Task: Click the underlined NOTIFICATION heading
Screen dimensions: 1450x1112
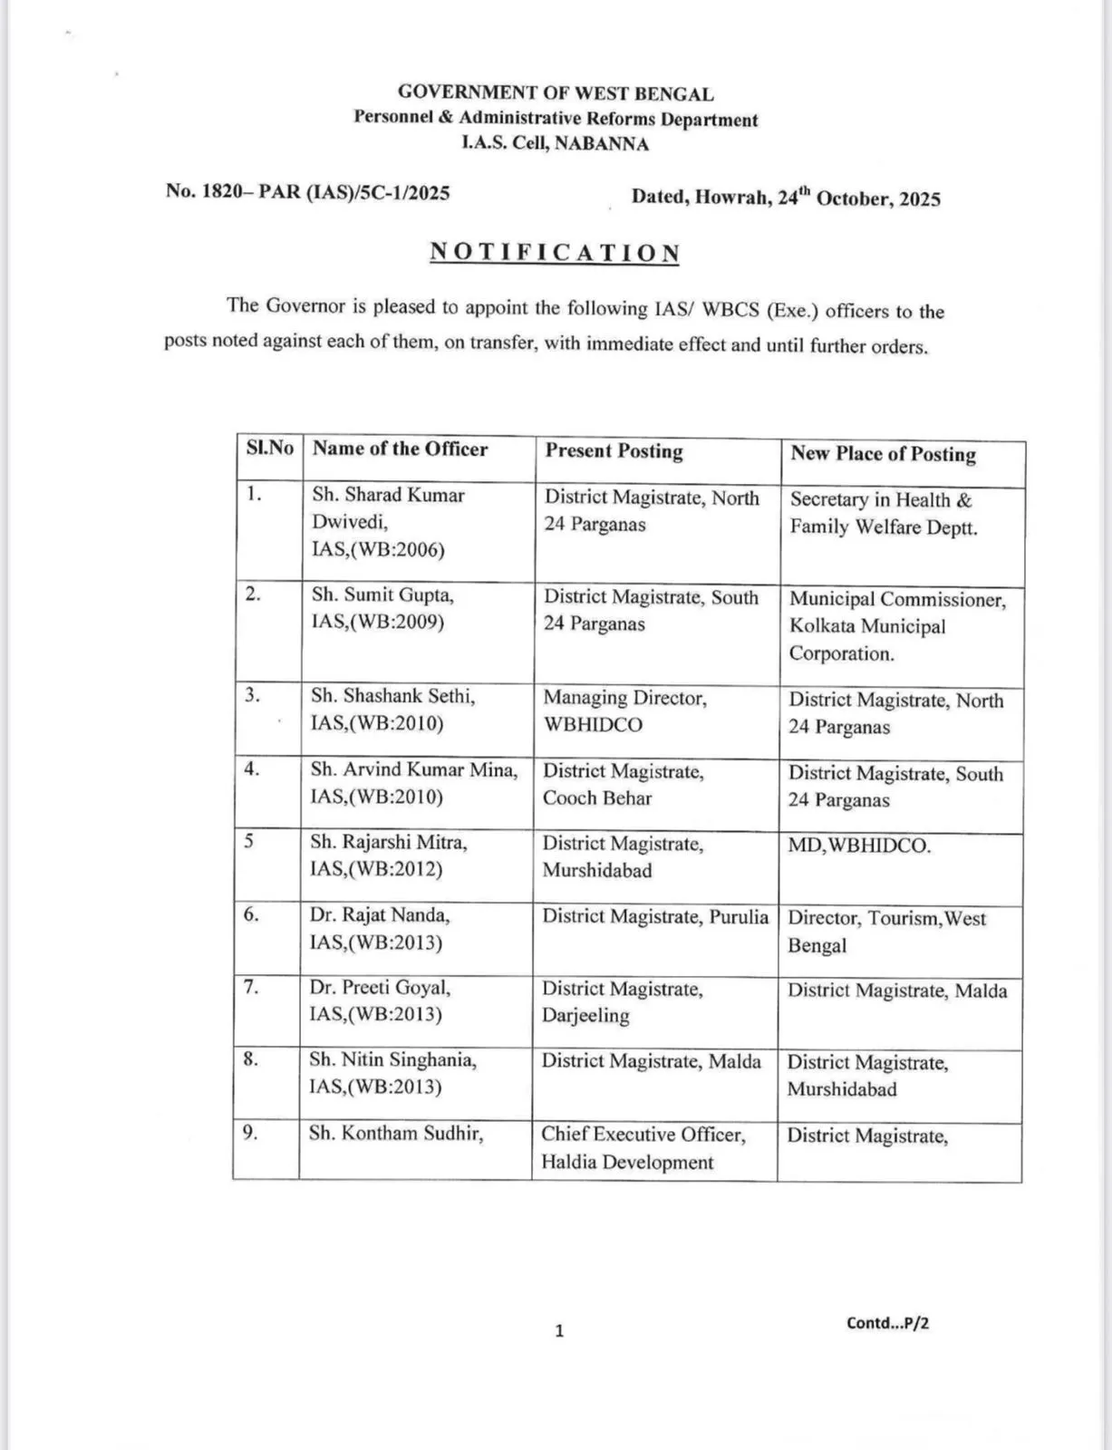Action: tap(555, 252)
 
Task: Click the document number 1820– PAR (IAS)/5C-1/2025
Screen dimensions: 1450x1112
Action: tap(307, 192)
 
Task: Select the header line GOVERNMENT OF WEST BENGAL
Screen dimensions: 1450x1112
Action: tap(556, 92)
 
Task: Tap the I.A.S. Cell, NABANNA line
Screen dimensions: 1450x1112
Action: tap(555, 143)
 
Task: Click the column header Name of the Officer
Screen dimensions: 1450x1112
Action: tap(400, 449)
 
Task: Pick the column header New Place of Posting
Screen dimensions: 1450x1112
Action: tap(883, 454)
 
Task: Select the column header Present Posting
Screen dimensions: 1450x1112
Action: tap(614, 451)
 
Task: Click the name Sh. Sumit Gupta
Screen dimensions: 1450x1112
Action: tap(382, 595)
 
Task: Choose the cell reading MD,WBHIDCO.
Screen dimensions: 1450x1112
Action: tap(859, 846)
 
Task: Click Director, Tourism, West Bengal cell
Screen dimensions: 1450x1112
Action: tap(886, 932)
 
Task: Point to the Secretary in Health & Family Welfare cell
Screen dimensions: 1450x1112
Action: tap(883, 513)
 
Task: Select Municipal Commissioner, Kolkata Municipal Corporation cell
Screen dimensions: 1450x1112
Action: tap(896, 626)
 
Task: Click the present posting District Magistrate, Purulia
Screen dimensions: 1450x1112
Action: tap(654, 916)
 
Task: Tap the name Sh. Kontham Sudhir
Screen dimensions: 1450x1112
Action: tap(395, 1134)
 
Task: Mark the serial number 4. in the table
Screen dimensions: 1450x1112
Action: tap(251, 769)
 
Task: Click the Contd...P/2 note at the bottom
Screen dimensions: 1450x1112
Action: tap(887, 1323)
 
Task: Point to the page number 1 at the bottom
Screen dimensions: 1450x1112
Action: tap(559, 1330)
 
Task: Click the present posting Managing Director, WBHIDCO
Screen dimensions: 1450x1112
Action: tap(624, 710)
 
